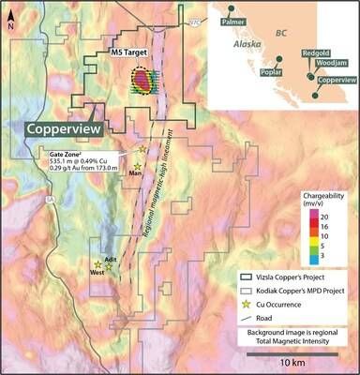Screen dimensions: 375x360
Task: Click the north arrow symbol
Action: click(9, 17)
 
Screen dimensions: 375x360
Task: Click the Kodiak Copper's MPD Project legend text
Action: click(296, 292)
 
